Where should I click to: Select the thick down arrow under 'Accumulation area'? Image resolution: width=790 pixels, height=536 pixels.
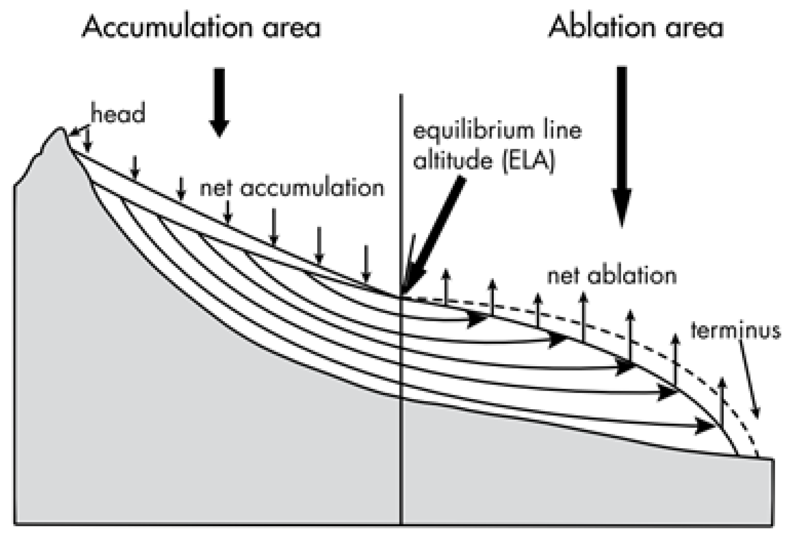[219, 102]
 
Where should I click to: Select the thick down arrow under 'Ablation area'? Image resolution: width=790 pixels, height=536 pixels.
[622, 145]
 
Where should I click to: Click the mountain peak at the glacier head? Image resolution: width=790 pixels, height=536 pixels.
[60, 130]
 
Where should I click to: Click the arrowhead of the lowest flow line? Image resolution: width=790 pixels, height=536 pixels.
[704, 426]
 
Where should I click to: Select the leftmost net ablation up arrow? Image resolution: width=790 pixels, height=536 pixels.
[446, 286]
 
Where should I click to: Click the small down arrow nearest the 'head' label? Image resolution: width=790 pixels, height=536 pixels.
[87, 141]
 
